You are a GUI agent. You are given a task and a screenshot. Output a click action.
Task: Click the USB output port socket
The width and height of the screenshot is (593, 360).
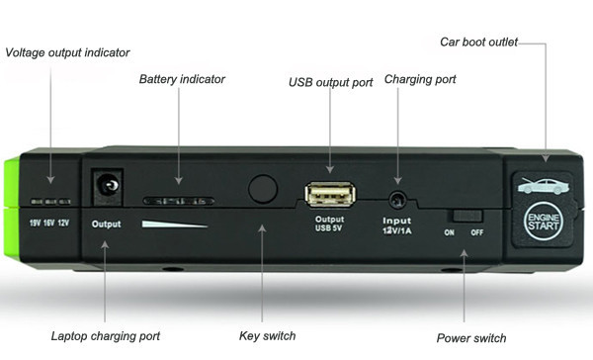330,194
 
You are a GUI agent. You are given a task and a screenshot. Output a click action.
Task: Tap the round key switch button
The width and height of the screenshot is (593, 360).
263,188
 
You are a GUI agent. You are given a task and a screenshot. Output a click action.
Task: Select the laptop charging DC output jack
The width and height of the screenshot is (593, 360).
108,187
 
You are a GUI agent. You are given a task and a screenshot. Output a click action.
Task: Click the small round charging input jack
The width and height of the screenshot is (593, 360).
397,200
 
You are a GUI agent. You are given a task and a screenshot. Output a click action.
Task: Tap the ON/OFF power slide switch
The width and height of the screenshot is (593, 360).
466,217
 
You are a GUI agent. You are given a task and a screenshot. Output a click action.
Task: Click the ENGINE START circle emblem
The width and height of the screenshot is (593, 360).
544,222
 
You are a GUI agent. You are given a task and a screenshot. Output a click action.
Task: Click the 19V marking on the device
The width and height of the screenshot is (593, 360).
36,223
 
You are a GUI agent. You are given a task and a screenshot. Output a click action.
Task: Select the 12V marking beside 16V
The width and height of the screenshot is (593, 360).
63,223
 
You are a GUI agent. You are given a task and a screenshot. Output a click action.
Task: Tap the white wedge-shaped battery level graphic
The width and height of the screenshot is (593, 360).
174,225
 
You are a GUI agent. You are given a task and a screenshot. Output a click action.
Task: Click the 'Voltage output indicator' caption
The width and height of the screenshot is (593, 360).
67,52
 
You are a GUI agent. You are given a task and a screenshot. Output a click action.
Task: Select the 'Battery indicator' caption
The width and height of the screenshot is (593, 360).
182,79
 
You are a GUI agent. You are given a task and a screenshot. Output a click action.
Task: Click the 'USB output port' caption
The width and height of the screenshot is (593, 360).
331,82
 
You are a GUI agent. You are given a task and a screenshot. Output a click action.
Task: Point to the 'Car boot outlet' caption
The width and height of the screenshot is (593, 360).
478,42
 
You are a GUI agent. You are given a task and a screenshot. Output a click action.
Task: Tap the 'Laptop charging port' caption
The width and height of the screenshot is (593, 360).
106,336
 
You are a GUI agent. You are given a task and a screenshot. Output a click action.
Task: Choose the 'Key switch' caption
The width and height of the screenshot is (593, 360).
268,336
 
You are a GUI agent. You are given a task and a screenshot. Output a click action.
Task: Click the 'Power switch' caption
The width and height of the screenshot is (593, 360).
471,338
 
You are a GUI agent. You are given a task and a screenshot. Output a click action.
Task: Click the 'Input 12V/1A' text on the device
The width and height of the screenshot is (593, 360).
397,225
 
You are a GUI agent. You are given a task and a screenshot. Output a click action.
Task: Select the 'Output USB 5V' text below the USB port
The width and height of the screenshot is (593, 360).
329,224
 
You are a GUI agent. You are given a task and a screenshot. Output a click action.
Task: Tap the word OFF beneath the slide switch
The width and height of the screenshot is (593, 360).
477,232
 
